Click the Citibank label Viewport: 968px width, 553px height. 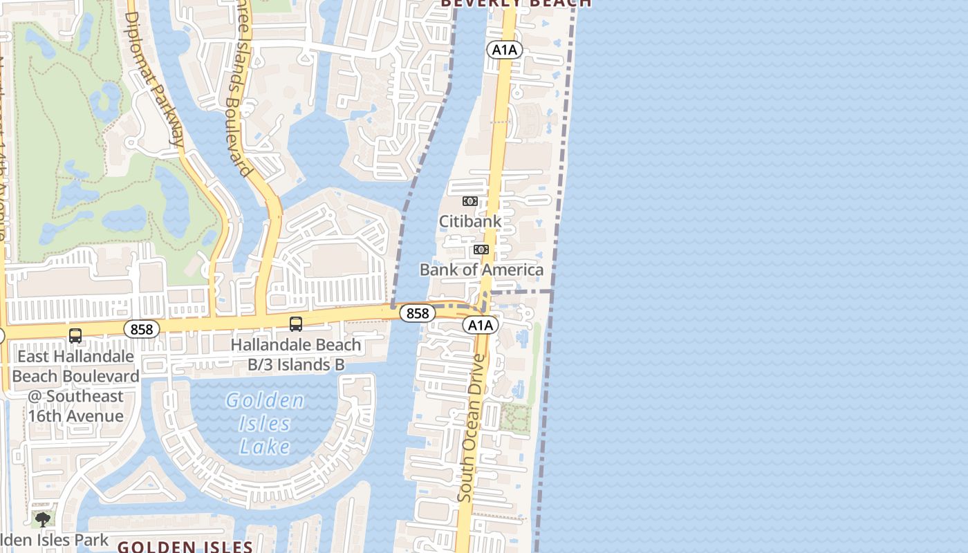tap(470, 221)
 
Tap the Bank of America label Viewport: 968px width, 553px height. tap(481, 270)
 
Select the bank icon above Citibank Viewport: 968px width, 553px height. tap(470, 201)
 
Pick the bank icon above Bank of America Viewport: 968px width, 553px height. tap(481, 250)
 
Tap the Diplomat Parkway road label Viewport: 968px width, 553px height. tap(155, 76)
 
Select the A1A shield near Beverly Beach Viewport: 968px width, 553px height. tap(503, 49)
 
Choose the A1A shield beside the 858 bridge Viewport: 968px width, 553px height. tap(480, 325)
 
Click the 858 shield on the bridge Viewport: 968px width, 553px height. tap(418, 313)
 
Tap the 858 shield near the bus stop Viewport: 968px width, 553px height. tap(142, 329)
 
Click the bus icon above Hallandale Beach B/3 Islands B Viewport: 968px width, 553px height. tap(296, 324)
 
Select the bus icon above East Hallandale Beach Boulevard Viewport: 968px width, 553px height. tap(75, 336)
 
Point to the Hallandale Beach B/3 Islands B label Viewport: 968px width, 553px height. tap(296, 354)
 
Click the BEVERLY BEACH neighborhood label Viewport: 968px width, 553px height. tap(516, 3)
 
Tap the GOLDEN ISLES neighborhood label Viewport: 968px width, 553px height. tap(190, 547)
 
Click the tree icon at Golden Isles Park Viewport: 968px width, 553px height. tap(43, 519)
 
